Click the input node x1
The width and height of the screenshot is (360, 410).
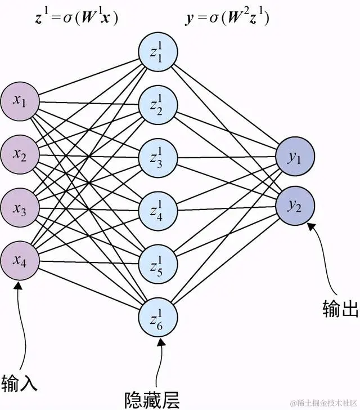click(20, 101)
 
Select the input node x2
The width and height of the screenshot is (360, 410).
click(20, 154)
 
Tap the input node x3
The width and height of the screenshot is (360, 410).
click(20, 207)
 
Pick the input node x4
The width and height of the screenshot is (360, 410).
click(20, 260)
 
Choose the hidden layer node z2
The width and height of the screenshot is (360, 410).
click(159, 105)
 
